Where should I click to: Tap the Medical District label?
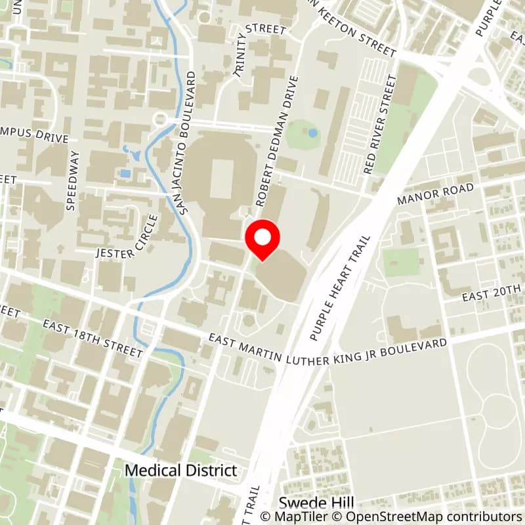click(180, 471)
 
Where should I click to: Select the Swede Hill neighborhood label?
click(308, 503)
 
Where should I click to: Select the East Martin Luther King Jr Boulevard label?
click(328, 351)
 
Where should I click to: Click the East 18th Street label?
click(93, 339)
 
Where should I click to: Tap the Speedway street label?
click(73, 180)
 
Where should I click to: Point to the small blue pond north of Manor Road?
click(312, 133)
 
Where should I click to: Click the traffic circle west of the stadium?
click(159, 119)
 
